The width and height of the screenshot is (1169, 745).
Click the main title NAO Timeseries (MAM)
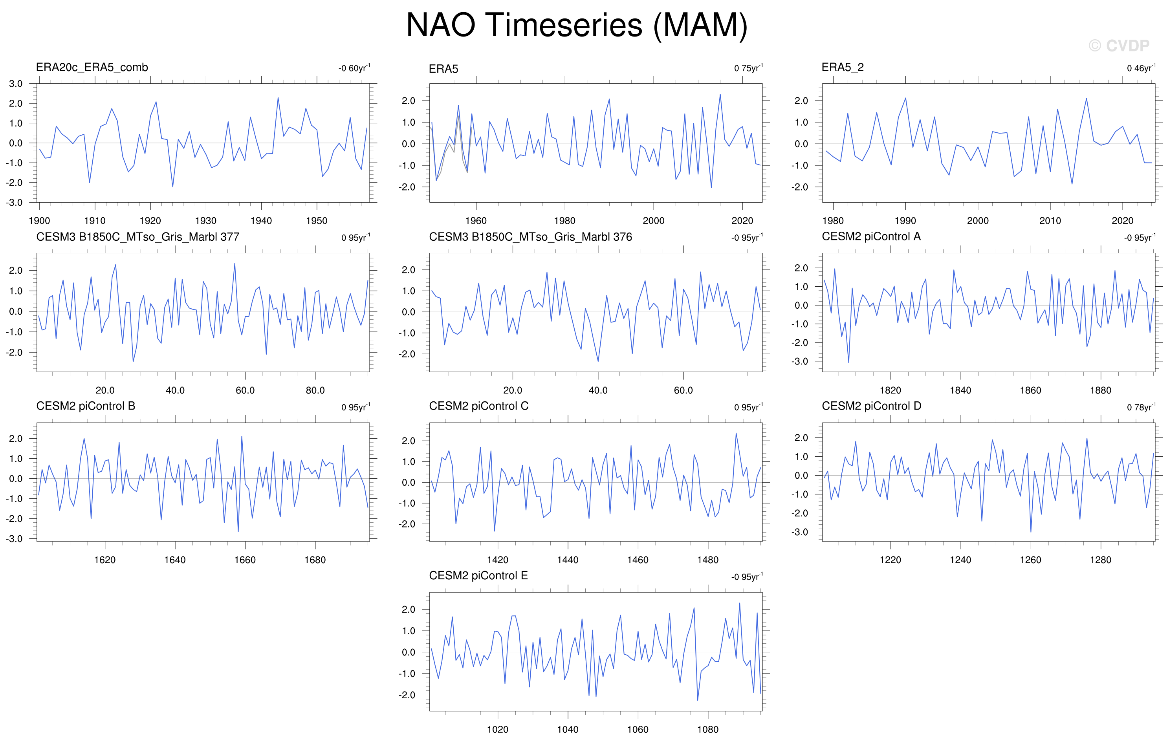coord(577,25)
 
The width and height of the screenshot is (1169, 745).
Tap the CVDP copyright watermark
coord(1119,46)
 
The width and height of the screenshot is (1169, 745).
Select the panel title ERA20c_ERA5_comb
coord(92,68)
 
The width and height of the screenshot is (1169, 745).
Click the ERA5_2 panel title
coord(843,68)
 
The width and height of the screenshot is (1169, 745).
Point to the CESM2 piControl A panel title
coord(871,236)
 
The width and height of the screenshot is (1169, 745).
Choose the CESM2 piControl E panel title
coord(478,576)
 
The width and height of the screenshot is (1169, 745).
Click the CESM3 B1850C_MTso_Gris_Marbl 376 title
coord(530,237)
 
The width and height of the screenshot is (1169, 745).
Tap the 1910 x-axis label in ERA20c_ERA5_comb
coord(95,221)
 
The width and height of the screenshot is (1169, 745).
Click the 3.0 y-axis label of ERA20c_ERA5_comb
coord(16,84)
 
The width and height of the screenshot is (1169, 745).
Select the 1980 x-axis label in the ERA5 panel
coord(564,221)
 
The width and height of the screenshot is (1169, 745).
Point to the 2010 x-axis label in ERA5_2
coord(1050,221)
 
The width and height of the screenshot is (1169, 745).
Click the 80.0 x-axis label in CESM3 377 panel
coord(315,390)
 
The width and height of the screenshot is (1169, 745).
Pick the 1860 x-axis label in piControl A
coord(1030,390)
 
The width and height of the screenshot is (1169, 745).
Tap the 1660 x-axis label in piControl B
coord(245,560)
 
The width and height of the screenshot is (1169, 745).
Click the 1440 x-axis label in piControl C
coord(568,560)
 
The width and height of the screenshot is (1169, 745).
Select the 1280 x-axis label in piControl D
coord(1101,560)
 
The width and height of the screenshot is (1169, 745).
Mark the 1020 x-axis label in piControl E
coord(498,729)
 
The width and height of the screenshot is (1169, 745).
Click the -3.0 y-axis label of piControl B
coord(14,539)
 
